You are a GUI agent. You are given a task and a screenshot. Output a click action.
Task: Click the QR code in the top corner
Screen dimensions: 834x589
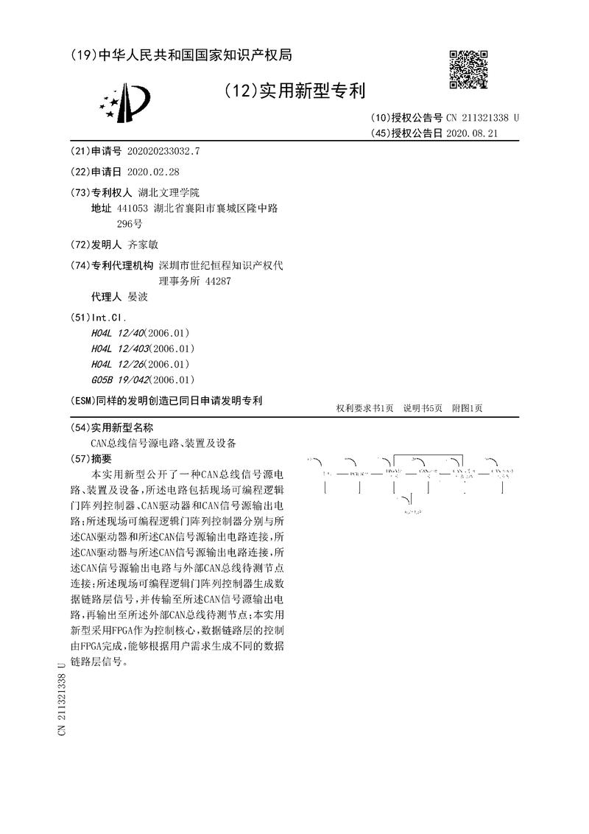468,70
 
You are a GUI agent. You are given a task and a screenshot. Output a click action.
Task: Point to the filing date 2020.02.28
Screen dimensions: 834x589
153,172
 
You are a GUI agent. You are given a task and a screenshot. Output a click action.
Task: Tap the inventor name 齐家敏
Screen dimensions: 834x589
144,244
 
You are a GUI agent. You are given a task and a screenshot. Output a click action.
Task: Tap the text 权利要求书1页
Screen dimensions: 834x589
365,408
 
